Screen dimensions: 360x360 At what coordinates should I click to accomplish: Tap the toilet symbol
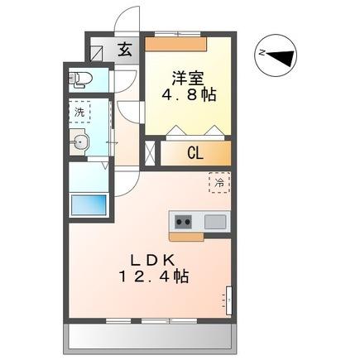(80, 80)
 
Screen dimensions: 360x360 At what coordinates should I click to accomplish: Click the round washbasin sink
(81, 145)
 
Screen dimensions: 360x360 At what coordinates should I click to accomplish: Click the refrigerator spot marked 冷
(219, 182)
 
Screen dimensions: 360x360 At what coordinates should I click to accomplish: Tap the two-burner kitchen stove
(183, 222)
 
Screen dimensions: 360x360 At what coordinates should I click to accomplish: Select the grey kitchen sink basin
(214, 222)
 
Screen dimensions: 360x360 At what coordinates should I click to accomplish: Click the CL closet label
(195, 152)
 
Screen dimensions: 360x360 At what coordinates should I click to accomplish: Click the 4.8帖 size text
(190, 95)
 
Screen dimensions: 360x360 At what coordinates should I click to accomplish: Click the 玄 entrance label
(124, 49)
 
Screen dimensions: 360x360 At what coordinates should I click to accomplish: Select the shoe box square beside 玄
(101, 50)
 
